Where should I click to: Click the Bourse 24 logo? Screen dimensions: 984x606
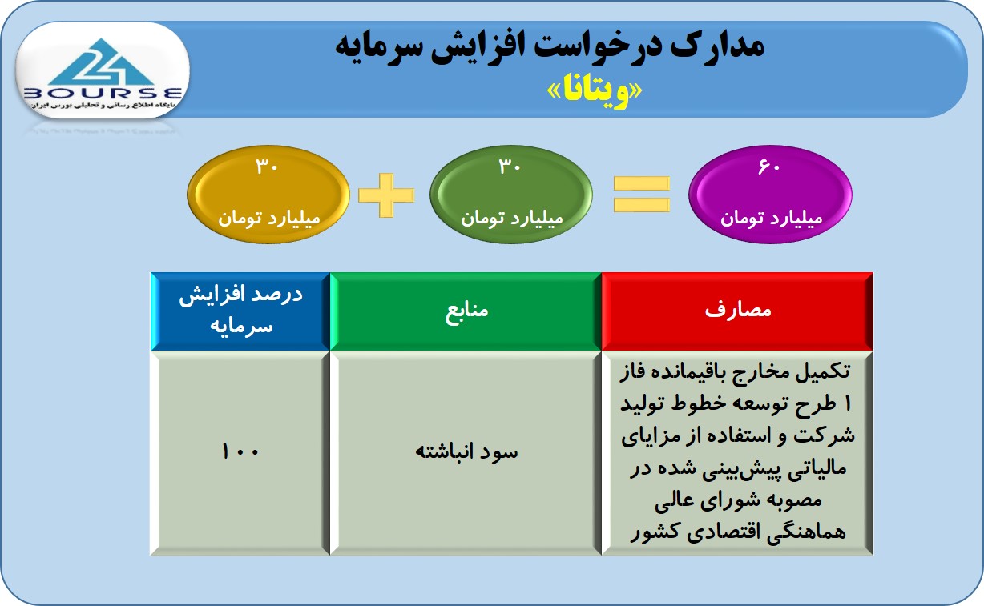103,71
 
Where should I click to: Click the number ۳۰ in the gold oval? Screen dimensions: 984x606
267,167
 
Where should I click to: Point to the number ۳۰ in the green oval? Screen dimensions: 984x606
510,167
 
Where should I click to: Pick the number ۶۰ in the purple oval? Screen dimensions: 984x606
769,167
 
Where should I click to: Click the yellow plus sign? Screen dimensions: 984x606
386,195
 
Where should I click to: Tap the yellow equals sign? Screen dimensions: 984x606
642,194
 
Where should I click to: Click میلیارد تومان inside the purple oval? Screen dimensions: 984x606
771,218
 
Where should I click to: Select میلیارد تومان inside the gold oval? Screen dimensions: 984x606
269,218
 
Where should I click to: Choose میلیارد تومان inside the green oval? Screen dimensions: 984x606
512,218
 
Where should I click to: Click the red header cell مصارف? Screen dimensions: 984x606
737,311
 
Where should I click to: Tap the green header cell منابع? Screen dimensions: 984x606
466,311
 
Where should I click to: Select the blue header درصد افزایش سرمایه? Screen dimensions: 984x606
240,311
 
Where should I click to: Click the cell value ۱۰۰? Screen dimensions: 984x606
240,451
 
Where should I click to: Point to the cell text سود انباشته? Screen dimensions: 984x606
466,451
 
